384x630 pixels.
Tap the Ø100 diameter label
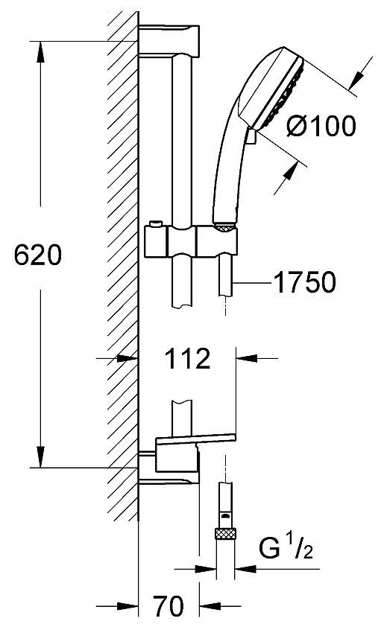tap(321, 126)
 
